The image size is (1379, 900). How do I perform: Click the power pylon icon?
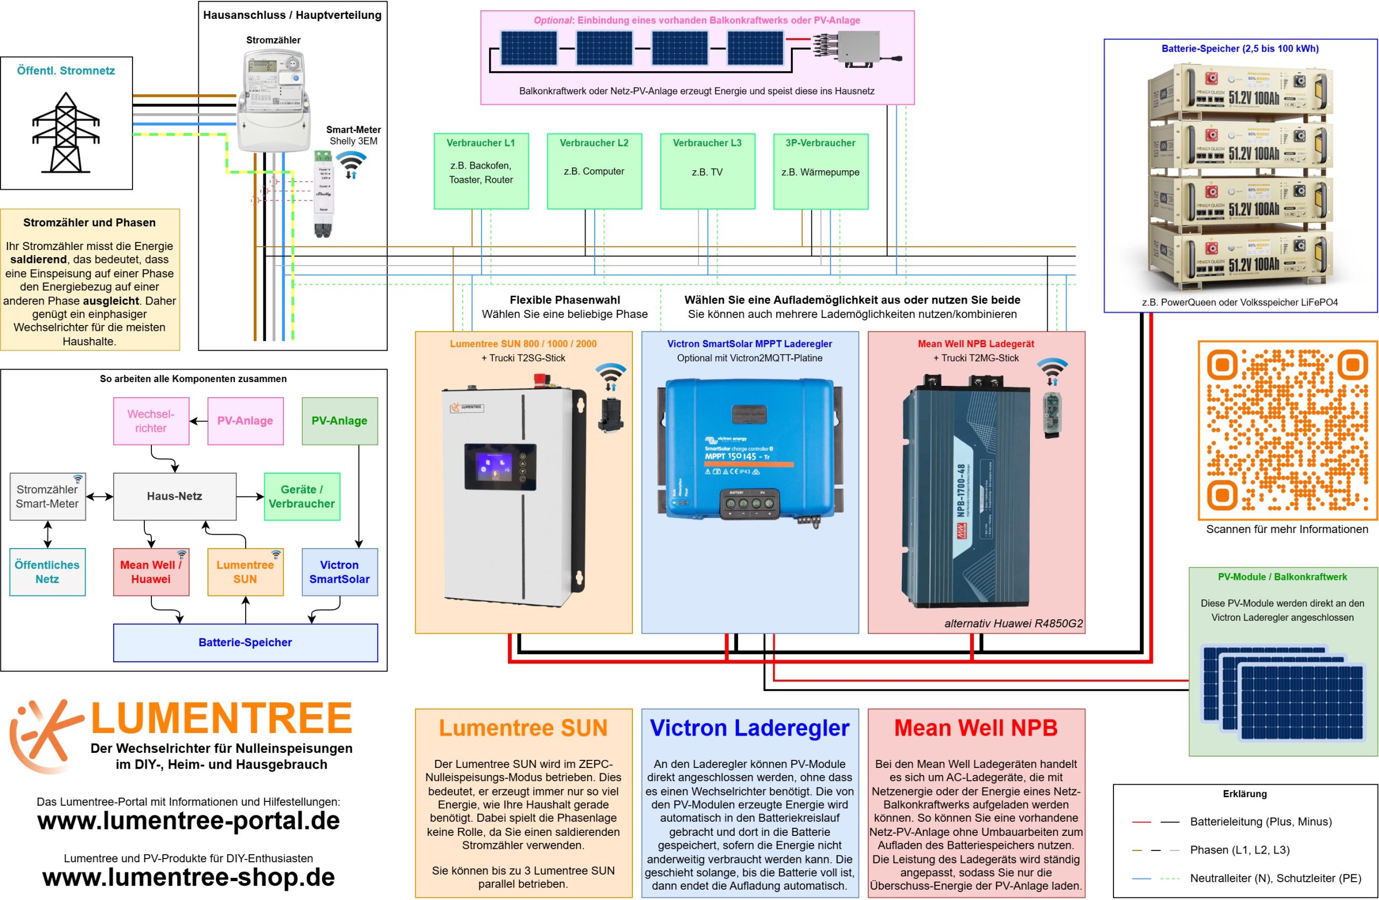point(66,133)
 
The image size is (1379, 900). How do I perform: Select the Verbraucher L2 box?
point(594,171)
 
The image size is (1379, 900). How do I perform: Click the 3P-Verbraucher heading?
point(820,143)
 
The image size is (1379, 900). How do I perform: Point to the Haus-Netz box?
point(175,496)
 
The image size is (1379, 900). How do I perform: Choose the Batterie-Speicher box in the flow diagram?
point(245,642)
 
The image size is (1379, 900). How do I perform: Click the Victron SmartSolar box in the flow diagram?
point(339,571)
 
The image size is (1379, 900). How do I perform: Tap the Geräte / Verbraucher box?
point(301,496)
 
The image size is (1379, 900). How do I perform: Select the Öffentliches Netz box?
point(47,571)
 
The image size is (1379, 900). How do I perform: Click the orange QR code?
point(1286,430)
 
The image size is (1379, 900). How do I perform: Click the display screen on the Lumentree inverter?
point(499,467)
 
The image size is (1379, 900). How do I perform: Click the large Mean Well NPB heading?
point(975,728)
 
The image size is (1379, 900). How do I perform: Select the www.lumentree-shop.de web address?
point(189,877)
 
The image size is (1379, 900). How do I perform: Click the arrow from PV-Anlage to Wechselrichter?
point(199,421)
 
